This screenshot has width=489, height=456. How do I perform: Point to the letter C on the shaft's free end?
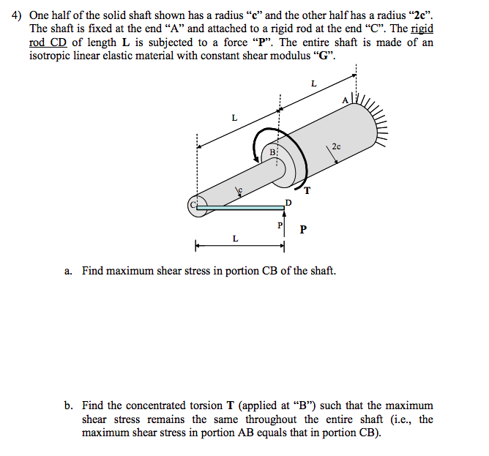pyautogui.click(x=194, y=206)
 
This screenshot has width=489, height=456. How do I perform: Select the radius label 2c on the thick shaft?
pyautogui.click(x=335, y=146)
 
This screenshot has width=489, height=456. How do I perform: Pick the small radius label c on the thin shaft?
pyautogui.click(x=237, y=190)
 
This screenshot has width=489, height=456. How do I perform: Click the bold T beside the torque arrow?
pyautogui.click(x=307, y=192)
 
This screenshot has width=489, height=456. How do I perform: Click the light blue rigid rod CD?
pyautogui.click(x=242, y=208)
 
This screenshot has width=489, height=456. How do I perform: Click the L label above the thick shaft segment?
pyautogui.click(x=313, y=83)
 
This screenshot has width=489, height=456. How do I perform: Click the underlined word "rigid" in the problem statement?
pyautogui.click(x=422, y=29)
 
